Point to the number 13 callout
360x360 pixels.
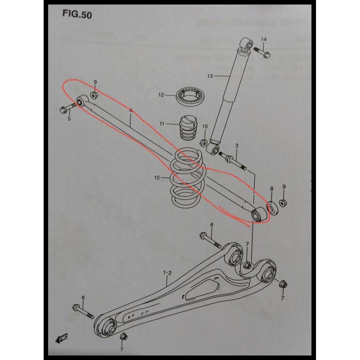coord(210,76)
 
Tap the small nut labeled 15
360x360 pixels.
coord(203,143)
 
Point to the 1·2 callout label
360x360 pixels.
coord(167,272)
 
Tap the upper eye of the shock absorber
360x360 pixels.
coord(246,43)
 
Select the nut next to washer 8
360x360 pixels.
coord(284,202)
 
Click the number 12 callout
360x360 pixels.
coord(161,95)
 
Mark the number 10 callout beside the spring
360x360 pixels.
coord(157,177)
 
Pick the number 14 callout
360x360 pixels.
coord(263,39)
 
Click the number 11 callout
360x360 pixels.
coord(162,123)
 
